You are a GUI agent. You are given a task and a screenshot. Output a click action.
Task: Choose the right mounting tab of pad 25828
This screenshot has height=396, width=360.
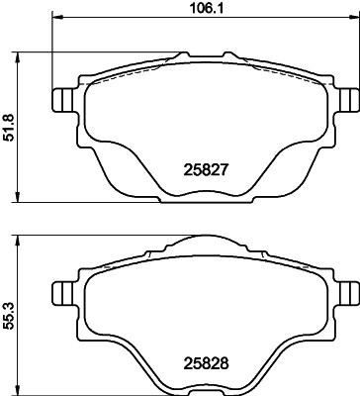346,292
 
